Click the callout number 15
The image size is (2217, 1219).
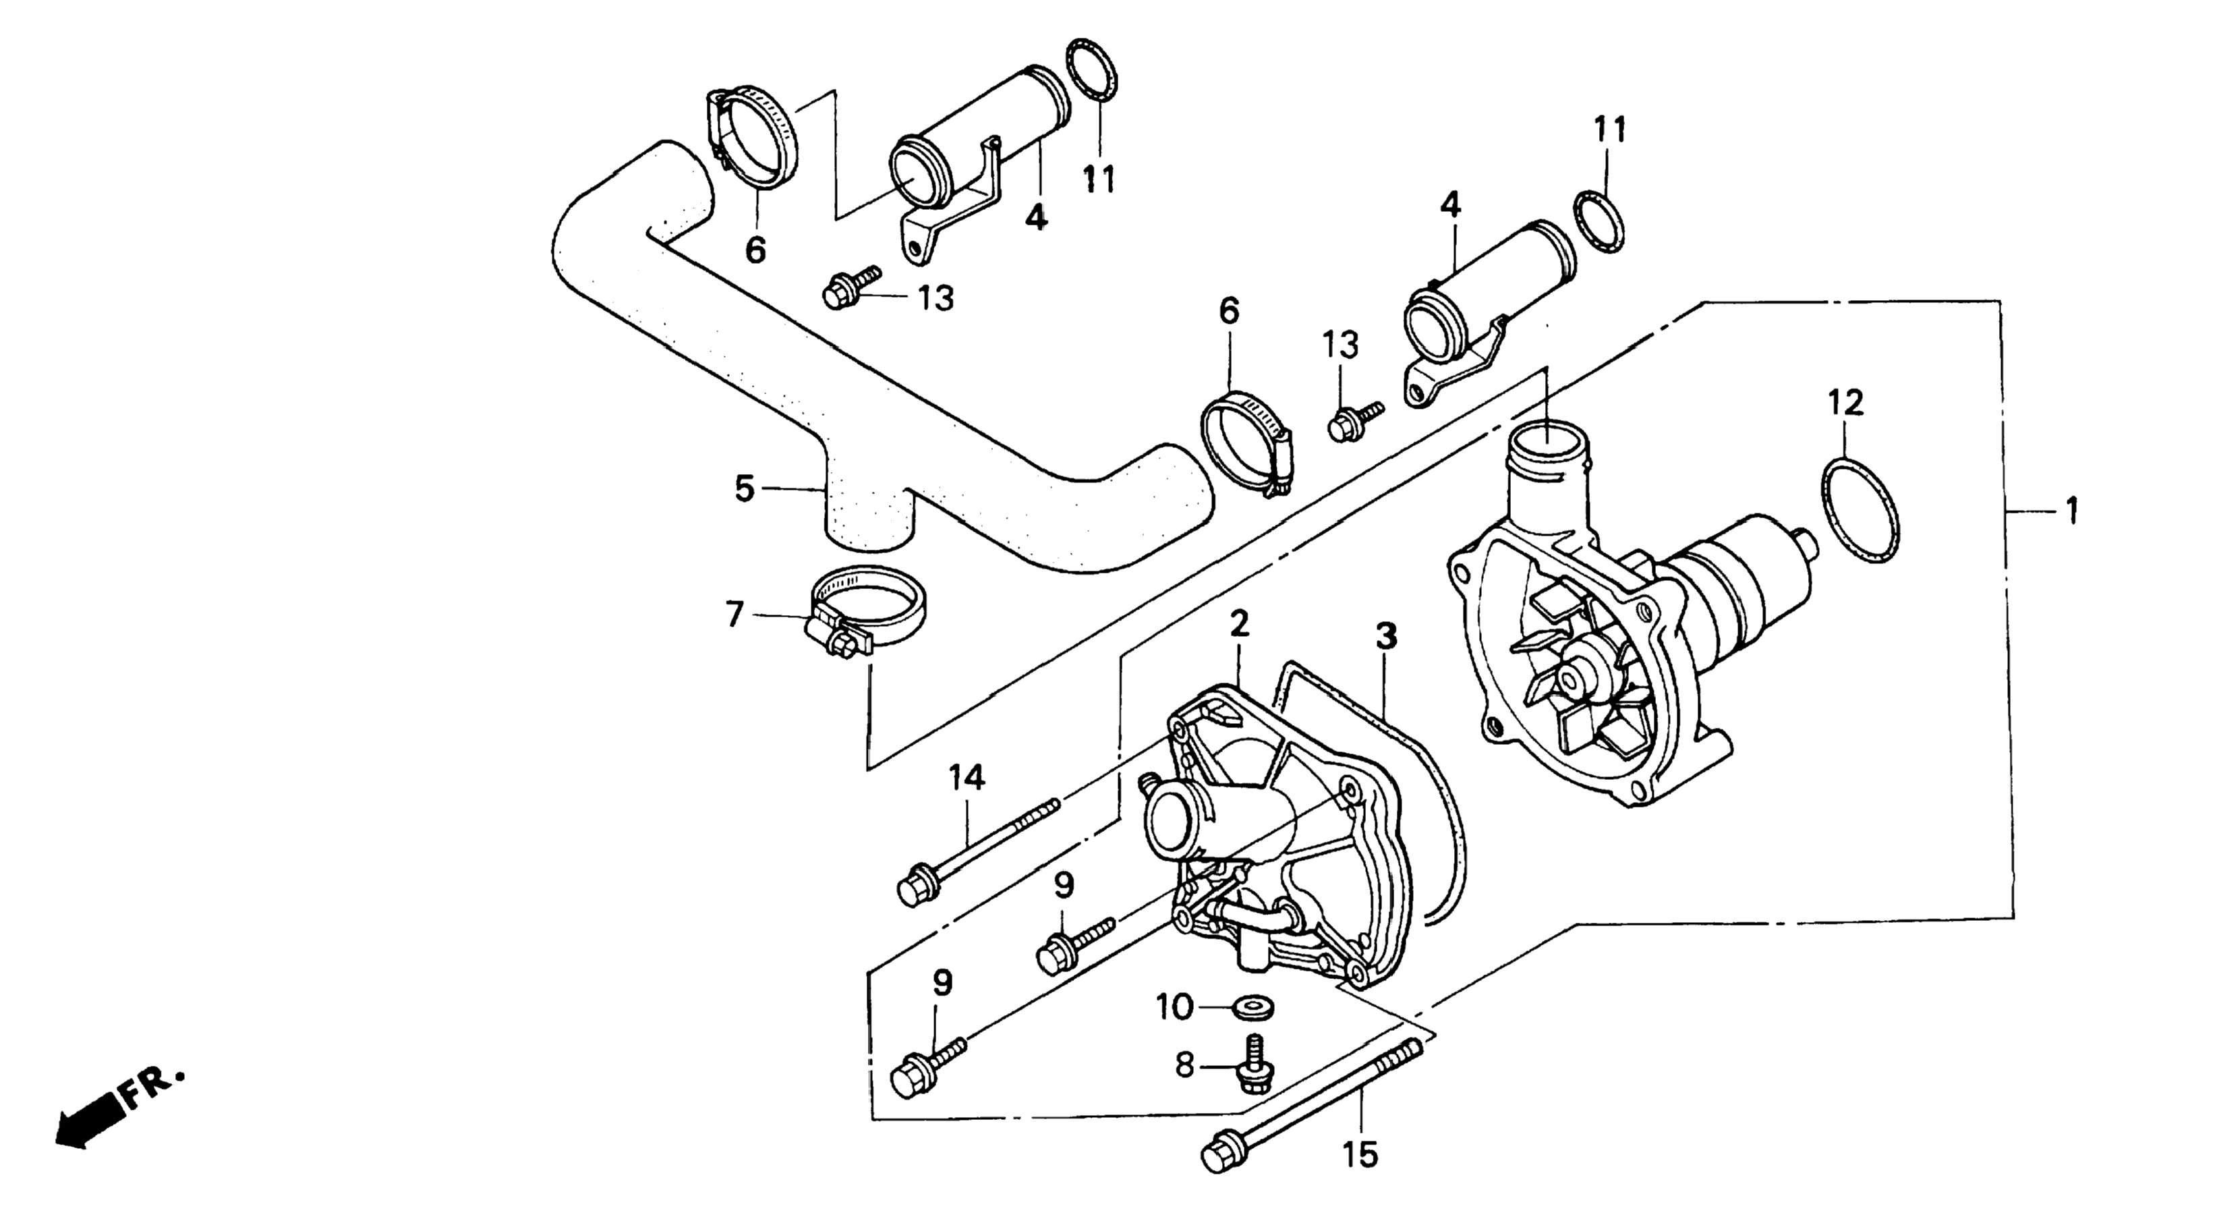tap(1360, 1154)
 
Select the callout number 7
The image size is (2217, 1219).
tap(734, 615)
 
